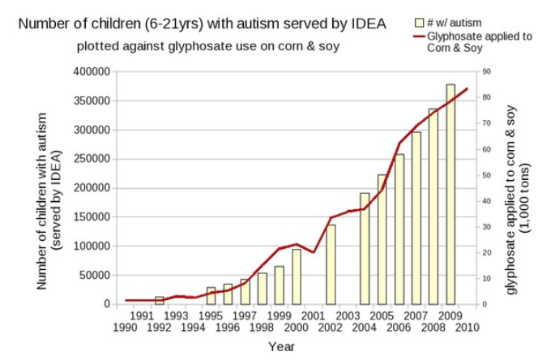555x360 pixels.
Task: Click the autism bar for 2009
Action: [450, 195]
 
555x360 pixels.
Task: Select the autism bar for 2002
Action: [331, 264]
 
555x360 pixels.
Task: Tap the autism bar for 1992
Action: [160, 301]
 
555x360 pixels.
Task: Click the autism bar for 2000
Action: [297, 276]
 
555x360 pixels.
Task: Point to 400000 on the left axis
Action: [91, 72]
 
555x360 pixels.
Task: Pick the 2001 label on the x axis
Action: [314, 315]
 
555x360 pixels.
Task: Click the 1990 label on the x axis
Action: [125, 328]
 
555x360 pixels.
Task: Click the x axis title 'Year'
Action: [281, 347]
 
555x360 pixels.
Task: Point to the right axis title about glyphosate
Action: [517, 188]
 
